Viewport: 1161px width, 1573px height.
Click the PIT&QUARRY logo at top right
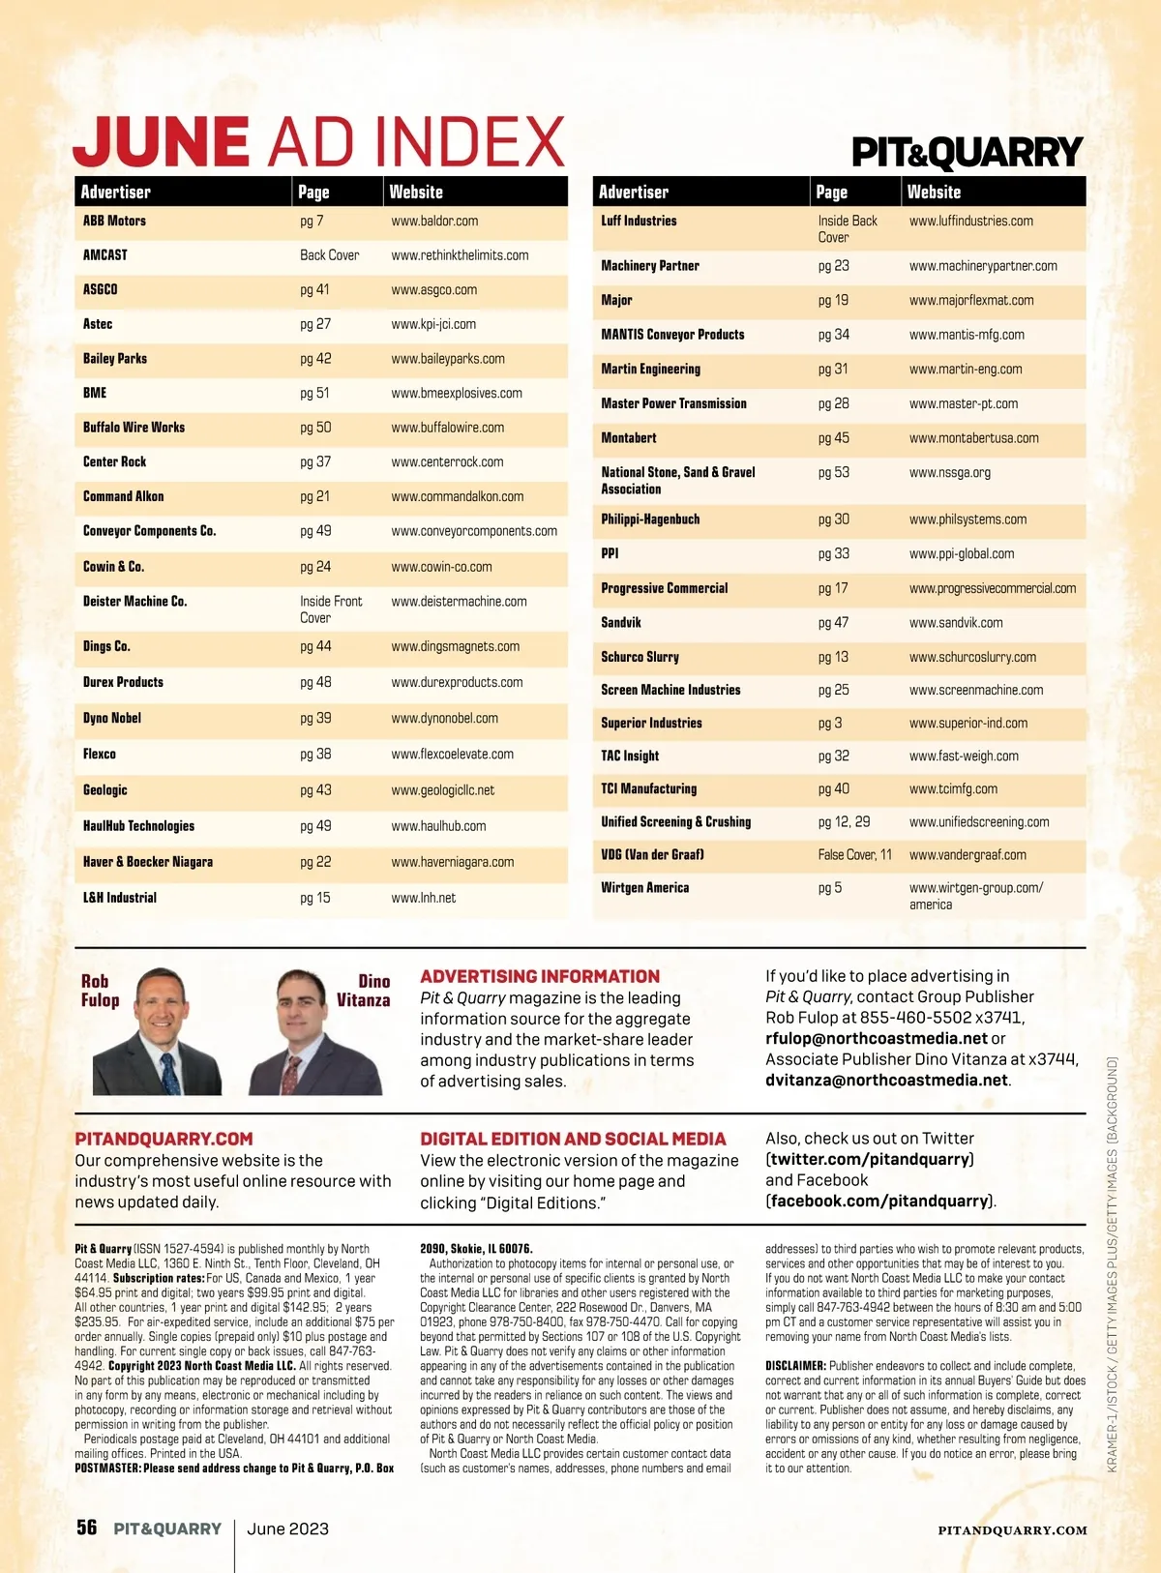click(967, 153)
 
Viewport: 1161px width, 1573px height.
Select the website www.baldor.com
click(434, 222)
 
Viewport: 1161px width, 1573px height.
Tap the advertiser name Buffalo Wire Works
click(134, 428)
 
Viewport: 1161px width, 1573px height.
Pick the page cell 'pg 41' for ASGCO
click(314, 289)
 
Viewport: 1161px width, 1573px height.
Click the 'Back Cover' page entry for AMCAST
click(329, 255)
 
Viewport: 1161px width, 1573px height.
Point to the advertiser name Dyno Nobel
click(112, 718)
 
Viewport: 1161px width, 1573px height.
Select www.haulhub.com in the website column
click(438, 826)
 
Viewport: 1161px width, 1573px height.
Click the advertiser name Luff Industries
click(639, 222)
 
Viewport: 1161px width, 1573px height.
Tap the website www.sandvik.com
click(956, 623)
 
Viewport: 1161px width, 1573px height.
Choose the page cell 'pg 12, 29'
click(844, 822)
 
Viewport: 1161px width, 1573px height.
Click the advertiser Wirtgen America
click(645, 888)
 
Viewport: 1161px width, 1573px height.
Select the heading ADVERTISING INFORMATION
click(540, 977)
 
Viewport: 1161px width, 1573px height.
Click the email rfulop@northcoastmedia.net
click(877, 1038)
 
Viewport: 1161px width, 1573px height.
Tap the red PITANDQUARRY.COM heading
click(164, 1140)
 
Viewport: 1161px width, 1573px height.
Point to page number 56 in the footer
click(87, 1528)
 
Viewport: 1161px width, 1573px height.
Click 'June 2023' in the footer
click(287, 1528)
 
